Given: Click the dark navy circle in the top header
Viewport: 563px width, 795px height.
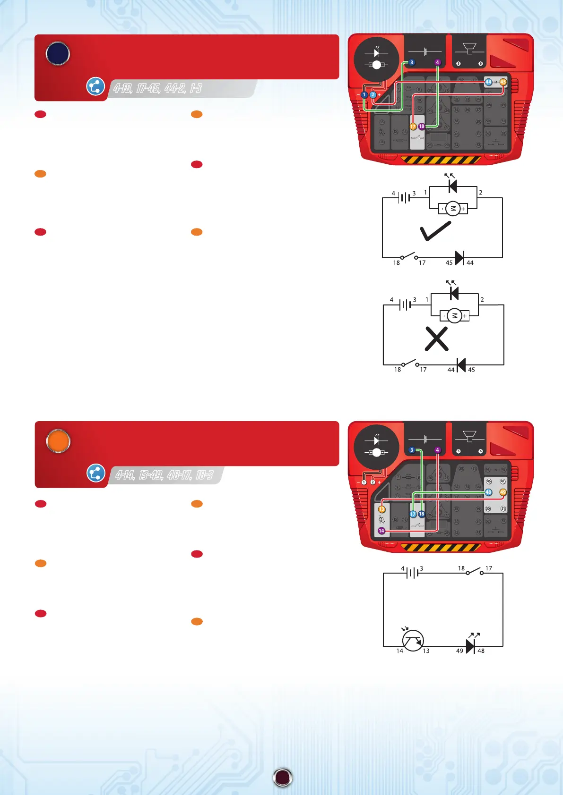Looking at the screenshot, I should tap(58, 54).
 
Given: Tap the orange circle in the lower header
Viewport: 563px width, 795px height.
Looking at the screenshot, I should tap(58, 441).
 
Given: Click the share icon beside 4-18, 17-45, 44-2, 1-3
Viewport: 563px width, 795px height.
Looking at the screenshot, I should tap(95, 86).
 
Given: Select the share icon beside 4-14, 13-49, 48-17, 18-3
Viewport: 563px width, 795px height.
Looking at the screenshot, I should tap(96, 473).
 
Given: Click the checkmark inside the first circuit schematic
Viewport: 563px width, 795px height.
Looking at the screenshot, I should tap(435, 231).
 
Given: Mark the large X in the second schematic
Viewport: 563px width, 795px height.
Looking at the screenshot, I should tap(436, 339).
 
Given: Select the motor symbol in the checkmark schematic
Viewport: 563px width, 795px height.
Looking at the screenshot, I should tap(453, 208).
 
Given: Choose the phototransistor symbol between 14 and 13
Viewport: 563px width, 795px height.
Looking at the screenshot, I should tap(413, 641).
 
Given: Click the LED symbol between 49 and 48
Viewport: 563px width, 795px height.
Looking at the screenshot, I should tap(470, 646).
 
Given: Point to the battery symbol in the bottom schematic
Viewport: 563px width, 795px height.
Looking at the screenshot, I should tap(412, 573).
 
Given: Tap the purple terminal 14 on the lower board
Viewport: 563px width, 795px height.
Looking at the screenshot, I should tap(381, 531).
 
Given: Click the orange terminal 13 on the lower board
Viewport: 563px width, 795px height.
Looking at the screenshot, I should tap(382, 509).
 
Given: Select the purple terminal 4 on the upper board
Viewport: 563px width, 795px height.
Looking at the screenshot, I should tap(437, 62).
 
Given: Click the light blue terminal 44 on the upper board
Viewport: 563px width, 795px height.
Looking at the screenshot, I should tap(488, 82).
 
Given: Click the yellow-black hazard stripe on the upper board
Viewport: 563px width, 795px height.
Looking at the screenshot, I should tap(441, 160).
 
